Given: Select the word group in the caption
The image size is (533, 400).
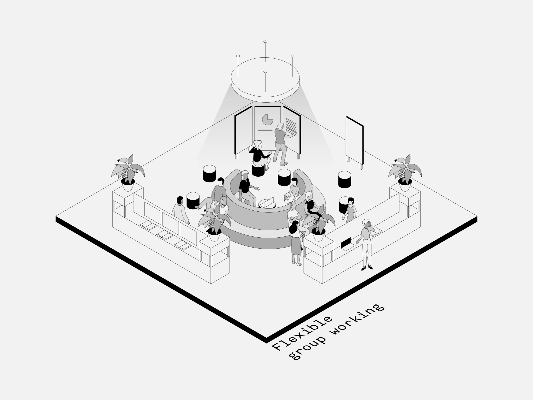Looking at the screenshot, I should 308,348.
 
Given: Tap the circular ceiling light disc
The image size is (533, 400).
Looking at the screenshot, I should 265,80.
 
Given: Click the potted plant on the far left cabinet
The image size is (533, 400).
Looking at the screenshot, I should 128,172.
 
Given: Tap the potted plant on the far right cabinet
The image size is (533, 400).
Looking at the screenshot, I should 405,172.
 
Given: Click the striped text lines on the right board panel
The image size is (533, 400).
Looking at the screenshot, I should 291,124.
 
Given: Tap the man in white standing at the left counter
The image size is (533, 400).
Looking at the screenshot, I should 180,210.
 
